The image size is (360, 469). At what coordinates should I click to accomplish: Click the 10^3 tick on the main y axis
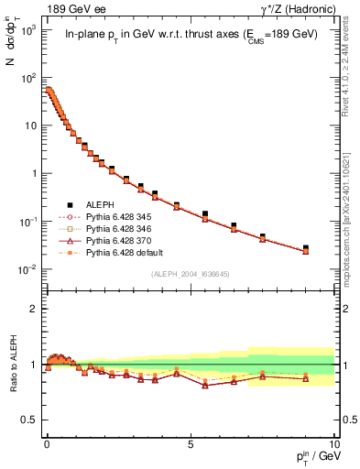[27, 30]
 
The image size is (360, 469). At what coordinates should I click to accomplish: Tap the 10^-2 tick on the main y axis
[27, 269]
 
